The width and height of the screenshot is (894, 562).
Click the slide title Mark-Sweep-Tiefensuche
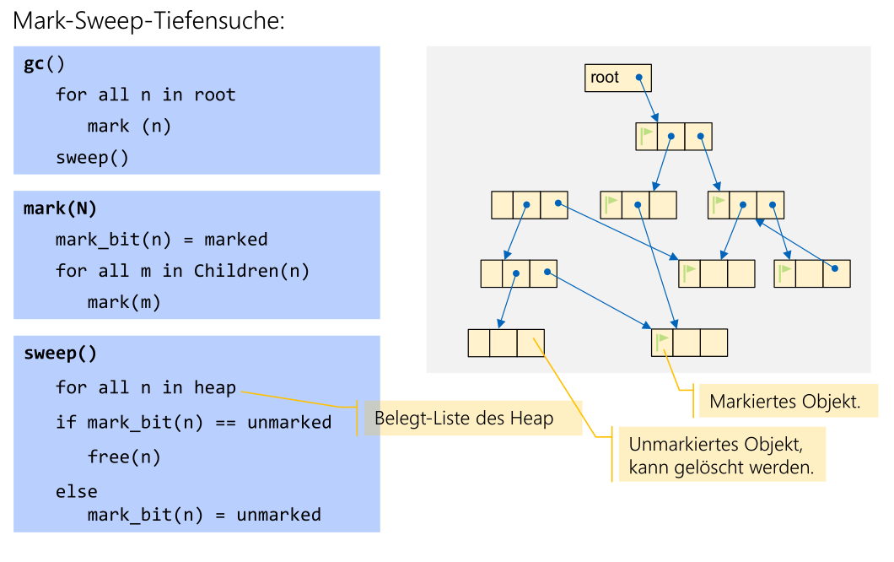pyautogui.click(x=149, y=21)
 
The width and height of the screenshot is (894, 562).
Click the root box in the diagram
pyautogui.click(x=617, y=78)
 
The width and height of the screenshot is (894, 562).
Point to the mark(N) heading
pyautogui.click(x=60, y=208)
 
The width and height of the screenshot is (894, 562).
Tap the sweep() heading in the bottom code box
pyautogui.click(x=60, y=353)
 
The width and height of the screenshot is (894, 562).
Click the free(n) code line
pyautogui.click(x=123, y=457)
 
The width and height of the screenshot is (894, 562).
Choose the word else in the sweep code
pyautogui.click(x=76, y=491)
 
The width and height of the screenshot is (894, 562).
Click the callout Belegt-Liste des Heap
pyautogui.click(x=464, y=419)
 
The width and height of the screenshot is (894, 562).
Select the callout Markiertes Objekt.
pyautogui.click(x=784, y=402)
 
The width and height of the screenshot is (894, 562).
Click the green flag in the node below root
pyautogui.click(x=647, y=136)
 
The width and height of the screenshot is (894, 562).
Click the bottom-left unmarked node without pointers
pyautogui.click(x=506, y=343)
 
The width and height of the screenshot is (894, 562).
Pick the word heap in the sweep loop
pyautogui.click(x=215, y=387)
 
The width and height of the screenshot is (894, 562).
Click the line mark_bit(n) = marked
pyautogui.click(x=161, y=240)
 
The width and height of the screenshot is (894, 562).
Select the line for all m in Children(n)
pyautogui.click(x=182, y=271)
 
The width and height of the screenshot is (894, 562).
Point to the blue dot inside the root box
pyautogui.click(x=639, y=78)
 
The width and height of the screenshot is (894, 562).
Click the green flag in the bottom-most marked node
pyautogui.click(x=663, y=342)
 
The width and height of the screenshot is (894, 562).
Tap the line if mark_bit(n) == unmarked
pyautogui.click(x=193, y=422)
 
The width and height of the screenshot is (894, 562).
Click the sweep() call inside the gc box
pyautogui.click(x=92, y=158)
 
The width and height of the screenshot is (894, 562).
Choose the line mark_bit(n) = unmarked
pyautogui.click(x=204, y=514)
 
